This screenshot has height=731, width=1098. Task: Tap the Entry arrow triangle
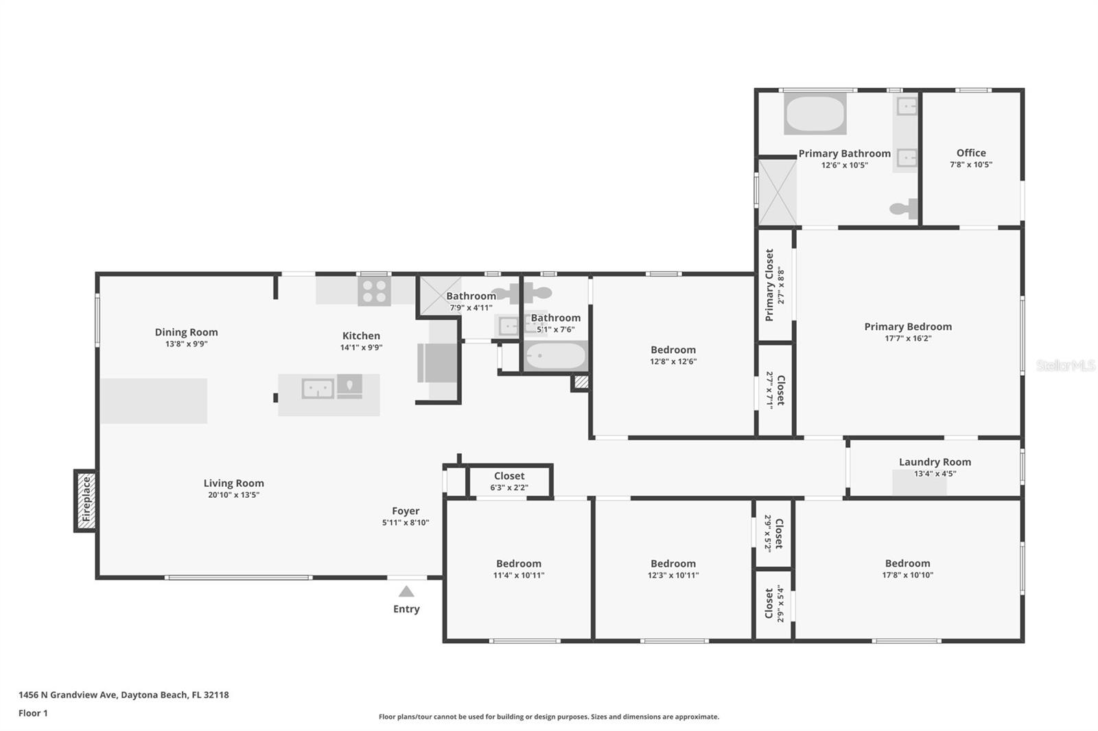coord(406,591)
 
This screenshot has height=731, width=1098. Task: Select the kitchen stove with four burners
coord(374,291)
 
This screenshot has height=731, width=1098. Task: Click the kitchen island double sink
coord(318,389)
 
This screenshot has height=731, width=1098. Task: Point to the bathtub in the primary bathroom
coord(815,114)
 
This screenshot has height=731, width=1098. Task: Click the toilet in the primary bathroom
coord(904,208)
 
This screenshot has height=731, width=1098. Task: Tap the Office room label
coord(971,153)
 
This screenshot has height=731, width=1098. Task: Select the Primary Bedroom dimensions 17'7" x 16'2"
coord(908,338)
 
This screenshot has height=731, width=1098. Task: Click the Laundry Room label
coord(935,462)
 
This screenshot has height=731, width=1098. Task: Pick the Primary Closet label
coord(769,285)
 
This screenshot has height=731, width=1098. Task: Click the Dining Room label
coord(186,332)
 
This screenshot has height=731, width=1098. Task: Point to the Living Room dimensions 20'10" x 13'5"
coord(234,495)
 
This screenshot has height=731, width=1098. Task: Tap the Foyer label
coord(406,511)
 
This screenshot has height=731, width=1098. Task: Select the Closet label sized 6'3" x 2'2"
coord(509,476)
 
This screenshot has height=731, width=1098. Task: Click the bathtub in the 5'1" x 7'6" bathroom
coord(556,355)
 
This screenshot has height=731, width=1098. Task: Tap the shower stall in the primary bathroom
coord(778,193)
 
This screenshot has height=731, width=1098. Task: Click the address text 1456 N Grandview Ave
coord(68,695)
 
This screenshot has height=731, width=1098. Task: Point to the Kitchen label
coord(361,335)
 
